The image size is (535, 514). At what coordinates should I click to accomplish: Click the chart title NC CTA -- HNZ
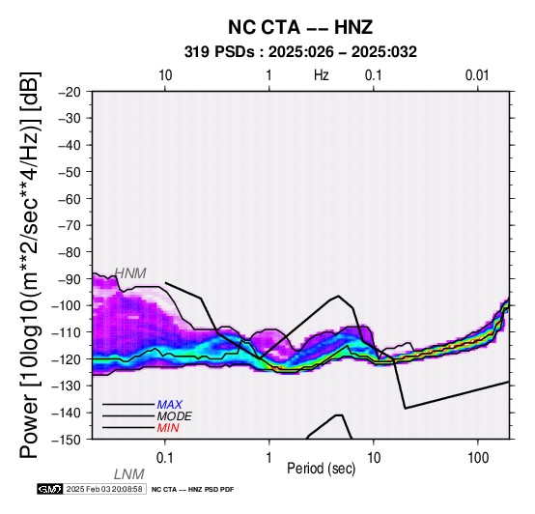[300, 27]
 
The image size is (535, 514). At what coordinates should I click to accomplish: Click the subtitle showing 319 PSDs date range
[300, 52]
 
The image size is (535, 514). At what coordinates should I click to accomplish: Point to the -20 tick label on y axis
[70, 92]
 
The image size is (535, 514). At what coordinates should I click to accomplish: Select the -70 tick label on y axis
[70, 226]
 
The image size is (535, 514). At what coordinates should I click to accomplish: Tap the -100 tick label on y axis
[66, 305]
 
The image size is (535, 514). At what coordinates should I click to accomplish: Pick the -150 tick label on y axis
[66, 440]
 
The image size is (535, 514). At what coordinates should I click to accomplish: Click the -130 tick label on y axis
[66, 386]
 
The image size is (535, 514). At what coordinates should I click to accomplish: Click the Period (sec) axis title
[321, 469]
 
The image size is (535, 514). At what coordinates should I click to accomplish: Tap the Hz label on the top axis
[321, 75]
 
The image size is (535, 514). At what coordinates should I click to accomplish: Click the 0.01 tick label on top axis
[477, 75]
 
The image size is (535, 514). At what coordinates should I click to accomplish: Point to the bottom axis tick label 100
[478, 458]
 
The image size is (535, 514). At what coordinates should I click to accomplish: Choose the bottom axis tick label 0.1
[165, 458]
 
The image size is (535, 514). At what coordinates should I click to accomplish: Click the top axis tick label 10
[165, 75]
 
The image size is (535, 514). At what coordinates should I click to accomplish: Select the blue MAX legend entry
[170, 405]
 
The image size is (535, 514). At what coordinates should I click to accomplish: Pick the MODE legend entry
[175, 416]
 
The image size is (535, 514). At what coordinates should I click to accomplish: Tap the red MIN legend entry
[168, 428]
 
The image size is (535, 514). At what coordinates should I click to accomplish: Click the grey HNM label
[130, 273]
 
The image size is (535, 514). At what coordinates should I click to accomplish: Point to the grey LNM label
[129, 474]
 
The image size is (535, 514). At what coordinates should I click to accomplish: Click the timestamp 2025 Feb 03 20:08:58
[104, 489]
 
